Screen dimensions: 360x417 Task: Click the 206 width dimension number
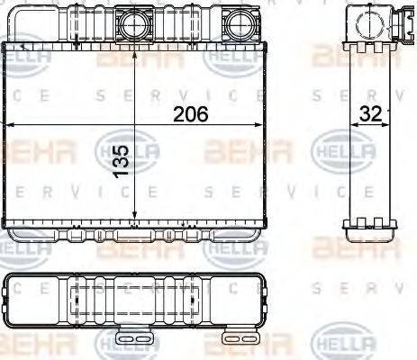[x=190, y=114]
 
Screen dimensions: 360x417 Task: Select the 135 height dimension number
[x=122, y=158]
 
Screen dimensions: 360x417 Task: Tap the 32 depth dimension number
[x=370, y=114]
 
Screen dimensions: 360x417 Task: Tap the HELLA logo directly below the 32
[x=342, y=153]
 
